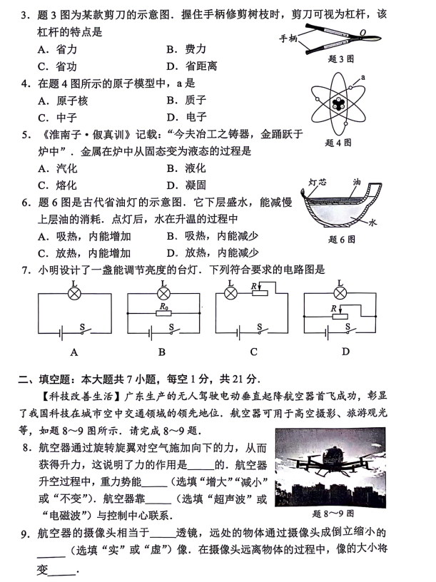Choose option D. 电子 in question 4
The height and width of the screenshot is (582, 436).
pos(186,117)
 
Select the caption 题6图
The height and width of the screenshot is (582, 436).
pos(342,240)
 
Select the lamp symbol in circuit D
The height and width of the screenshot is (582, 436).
pos(340,293)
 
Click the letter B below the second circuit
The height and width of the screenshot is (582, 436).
pos(162,352)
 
